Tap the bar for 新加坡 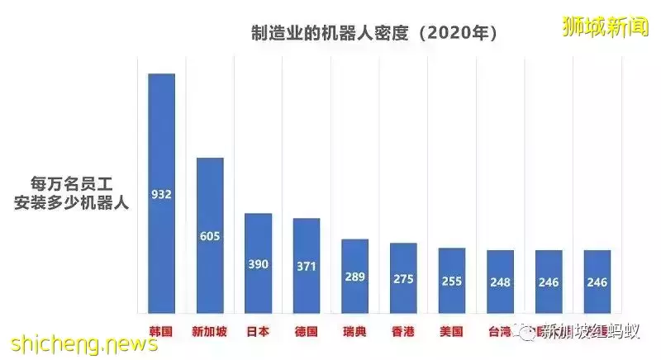click(210, 235)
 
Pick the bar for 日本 click(259, 263)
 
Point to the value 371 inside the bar click(307, 266)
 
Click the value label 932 click(161, 195)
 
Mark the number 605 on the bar click(210, 236)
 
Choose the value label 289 click(354, 276)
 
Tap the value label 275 click(403, 279)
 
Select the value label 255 click(451, 281)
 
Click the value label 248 click(500, 282)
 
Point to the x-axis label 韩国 click(161, 332)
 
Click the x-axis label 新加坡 click(210, 332)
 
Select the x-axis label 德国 click(307, 332)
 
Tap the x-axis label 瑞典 click(354, 332)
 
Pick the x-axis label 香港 click(403, 332)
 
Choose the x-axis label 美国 click(451, 332)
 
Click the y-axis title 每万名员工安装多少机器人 click(71, 192)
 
